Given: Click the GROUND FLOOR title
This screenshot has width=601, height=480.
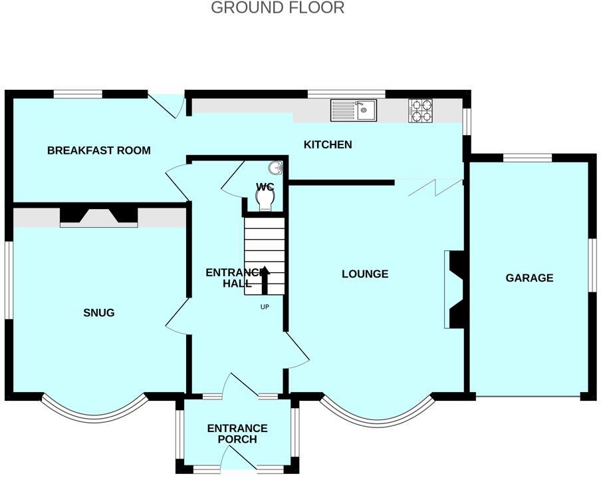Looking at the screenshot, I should tap(277, 8).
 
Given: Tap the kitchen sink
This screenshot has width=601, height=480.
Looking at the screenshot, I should tap(354, 110).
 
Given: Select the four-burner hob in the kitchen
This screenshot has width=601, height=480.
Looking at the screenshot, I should tap(420, 111).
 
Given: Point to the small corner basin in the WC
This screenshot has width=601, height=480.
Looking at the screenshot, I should tap(276, 168).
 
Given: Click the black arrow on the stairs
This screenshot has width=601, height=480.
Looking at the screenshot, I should tap(264, 280).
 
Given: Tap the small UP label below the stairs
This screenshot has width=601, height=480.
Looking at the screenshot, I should tap(265, 307).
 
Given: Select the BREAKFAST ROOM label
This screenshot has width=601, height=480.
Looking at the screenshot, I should tap(98, 150).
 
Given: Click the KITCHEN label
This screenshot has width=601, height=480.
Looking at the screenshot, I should tap(328, 144).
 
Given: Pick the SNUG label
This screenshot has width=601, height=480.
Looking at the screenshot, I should tap(98, 312).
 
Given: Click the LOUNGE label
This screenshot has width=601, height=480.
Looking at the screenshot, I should tap(365, 274).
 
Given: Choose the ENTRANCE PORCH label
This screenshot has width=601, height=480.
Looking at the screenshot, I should tap(237, 433).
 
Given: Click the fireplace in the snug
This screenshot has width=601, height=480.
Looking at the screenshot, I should tap(99, 216).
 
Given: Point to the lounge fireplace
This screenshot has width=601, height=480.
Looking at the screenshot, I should tap(454, 290).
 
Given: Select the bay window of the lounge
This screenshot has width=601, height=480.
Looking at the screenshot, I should tap(376, 412).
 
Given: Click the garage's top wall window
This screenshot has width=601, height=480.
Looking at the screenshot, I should tap(527, 158).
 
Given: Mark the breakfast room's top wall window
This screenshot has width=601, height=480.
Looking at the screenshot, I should tap(78, 94).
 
